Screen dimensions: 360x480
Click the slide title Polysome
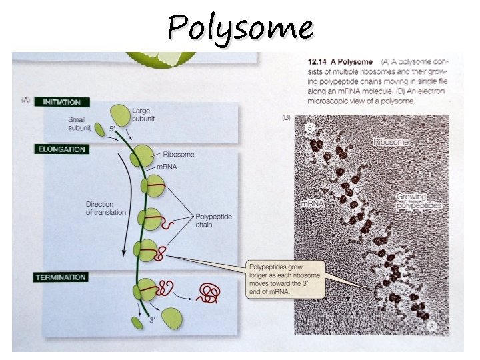[x=240, y=28]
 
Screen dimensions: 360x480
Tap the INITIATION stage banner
[x=61, y=102]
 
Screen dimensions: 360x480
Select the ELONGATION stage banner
[x=61, y=149]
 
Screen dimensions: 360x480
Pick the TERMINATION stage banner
[x=61, y=277]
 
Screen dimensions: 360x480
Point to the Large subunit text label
[x=145, y=115]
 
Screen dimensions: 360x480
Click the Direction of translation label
[x=105, y=208]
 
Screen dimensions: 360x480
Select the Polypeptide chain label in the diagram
[x=212, y=221]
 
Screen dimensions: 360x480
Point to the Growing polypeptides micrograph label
[x=419, y=201]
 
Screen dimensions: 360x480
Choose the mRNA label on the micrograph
[x=312, y=203]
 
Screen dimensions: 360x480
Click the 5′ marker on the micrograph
[x=309, y=127]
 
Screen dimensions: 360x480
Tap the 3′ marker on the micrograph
[x=433, y=327]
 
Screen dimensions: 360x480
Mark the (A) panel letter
[x=27, y=100]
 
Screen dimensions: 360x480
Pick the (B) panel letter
[x=287, y=118]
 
